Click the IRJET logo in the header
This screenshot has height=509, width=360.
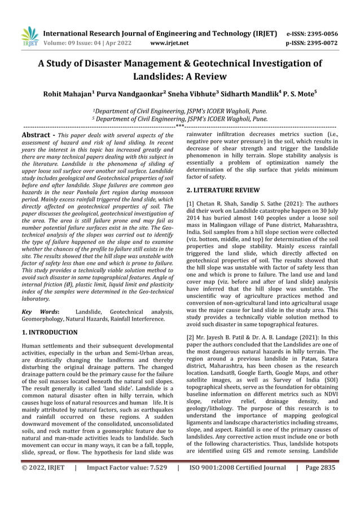30,34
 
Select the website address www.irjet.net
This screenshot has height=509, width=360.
169,42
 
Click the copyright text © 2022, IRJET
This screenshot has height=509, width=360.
45,483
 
